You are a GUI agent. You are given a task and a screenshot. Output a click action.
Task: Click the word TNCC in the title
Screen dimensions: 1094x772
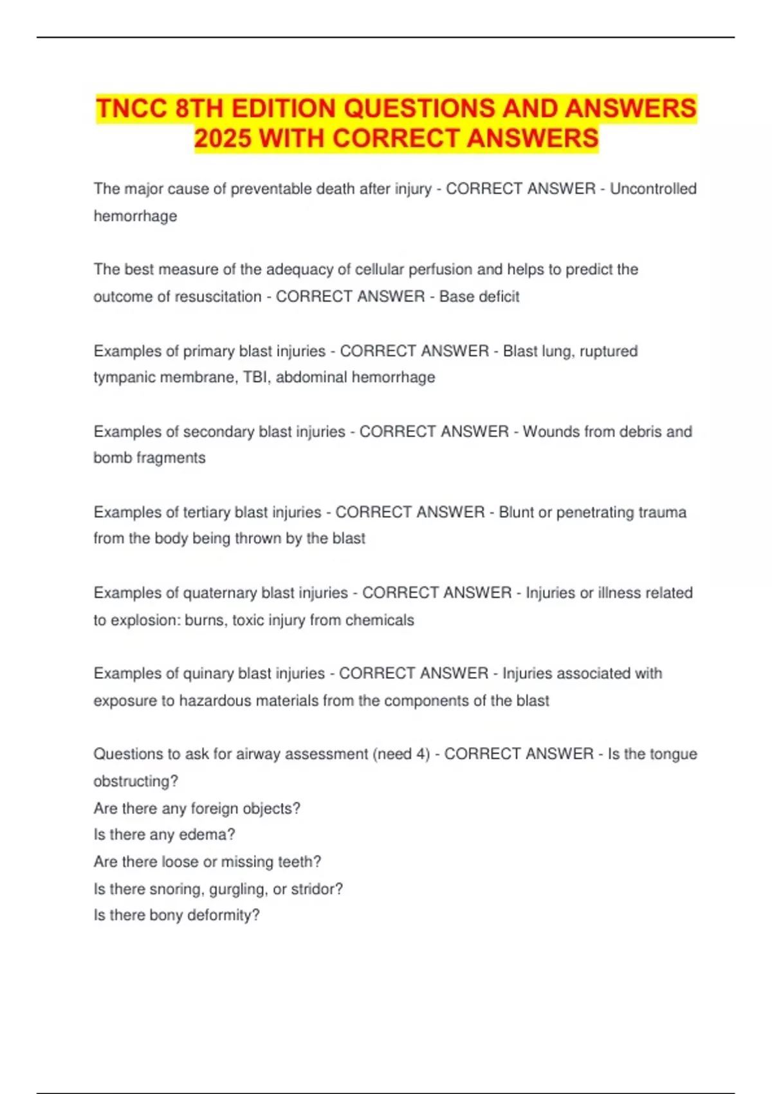pyautogui.click(x=131, y=108)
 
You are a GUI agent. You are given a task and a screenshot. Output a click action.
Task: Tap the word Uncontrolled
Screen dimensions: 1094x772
pyautogui.click(x=653, y=189)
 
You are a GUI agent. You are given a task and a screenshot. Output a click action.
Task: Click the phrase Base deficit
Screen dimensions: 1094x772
pyautogui.click(x=479, y=297)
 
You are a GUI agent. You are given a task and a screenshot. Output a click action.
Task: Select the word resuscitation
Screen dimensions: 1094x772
pyautogui.click(x=220, y=297)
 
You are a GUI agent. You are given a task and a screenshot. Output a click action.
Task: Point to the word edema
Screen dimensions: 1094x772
pyautogui.click(x=203, y=835)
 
